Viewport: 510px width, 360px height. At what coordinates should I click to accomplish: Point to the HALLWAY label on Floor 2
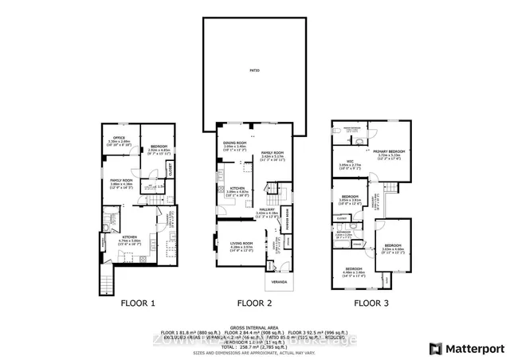[266, 211]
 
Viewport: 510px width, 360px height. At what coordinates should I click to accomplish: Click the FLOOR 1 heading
[137, 303]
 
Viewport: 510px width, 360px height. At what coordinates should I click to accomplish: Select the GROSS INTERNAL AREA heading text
[255, 327]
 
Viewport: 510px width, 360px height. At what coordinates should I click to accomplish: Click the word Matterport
[473, 348]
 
